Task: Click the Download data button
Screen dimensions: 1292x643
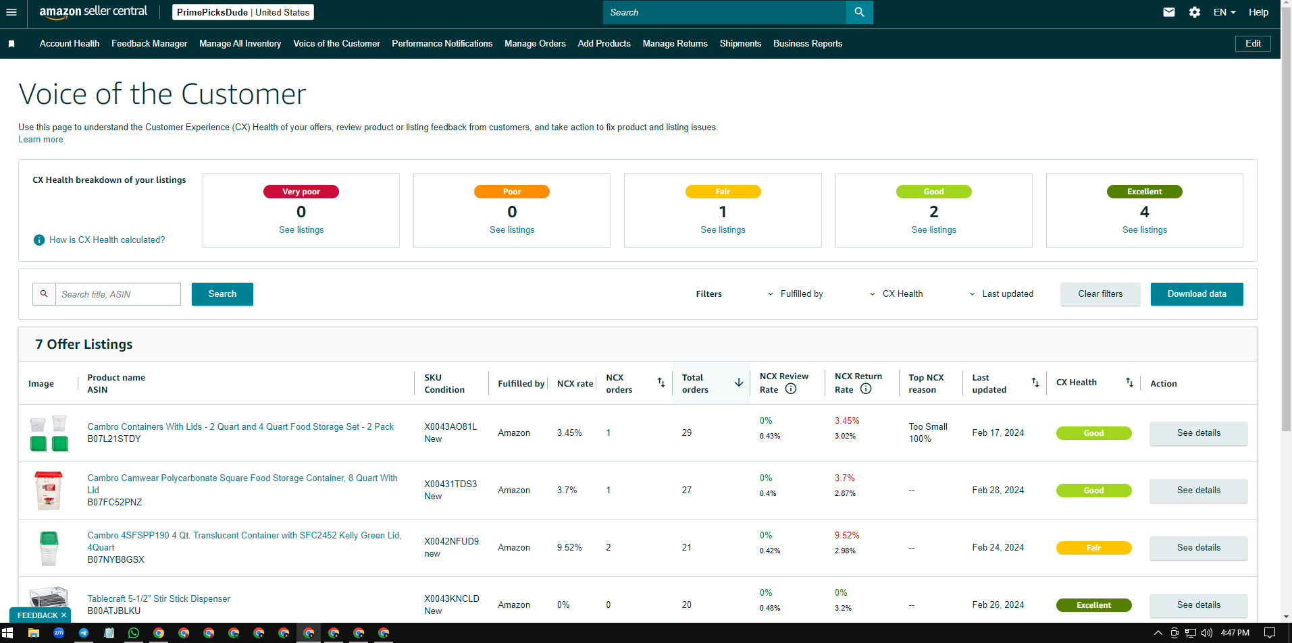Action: (1197, 294)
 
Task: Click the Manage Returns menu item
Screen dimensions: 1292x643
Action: (675, 44)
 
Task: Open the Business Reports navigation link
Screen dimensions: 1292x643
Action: (808, 44)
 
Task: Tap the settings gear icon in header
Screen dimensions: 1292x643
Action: (1195, 12)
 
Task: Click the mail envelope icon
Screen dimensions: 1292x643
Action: (1169, 12)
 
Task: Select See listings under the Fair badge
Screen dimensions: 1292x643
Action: (723, 230)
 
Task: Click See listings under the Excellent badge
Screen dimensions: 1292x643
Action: (1145, 230)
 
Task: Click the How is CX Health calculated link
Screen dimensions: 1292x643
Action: (107, 240)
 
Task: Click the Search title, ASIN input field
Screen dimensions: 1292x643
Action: (118, 294)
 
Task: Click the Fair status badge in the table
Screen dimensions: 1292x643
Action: (1093, 548)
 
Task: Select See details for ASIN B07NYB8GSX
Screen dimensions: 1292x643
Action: (1199, 548)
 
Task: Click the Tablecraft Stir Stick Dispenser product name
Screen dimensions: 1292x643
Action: (159, 599)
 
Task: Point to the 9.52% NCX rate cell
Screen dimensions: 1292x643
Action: (569, 548)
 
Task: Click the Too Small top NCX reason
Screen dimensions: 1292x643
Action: (928, 427)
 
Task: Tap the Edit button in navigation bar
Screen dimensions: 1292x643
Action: (1253, 44)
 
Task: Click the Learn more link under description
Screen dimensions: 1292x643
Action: (41, 140)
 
